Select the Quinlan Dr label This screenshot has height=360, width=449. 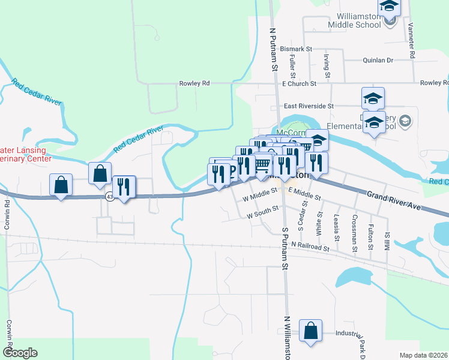[378, 60]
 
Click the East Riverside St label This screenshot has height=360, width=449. [309, 106]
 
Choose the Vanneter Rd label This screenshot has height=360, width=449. [412, 40]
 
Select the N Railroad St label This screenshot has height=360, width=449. [310, 246]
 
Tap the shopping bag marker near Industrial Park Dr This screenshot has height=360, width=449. [310, 331]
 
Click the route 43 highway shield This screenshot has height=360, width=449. [109, 196]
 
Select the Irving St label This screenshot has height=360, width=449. [327, 66]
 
